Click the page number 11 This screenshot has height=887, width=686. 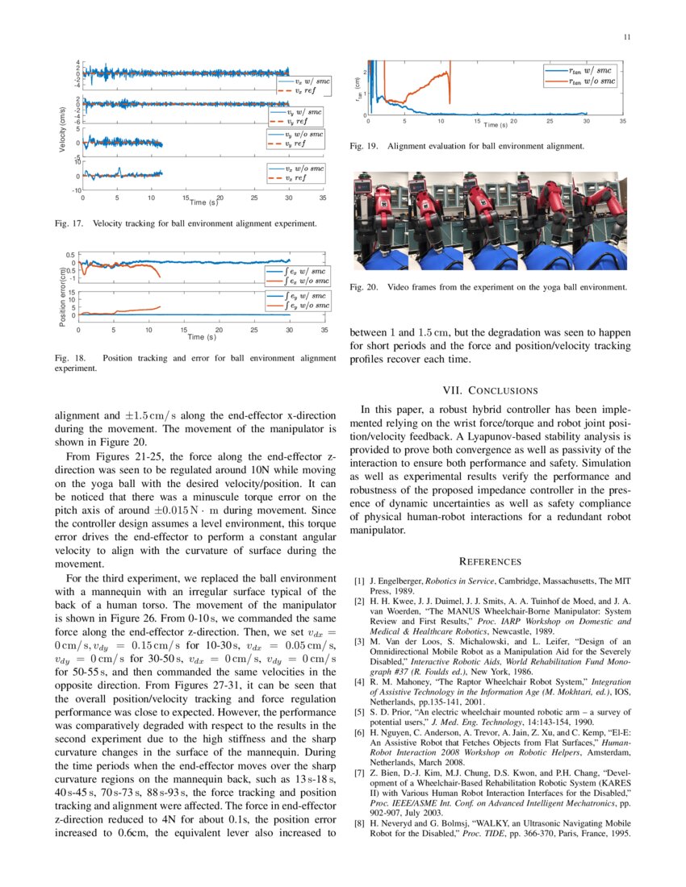(x=626, y=37)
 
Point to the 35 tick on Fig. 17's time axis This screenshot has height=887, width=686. (x=322, y=197)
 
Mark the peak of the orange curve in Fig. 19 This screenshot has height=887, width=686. (x=448, y=72)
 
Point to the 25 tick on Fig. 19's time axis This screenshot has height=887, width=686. (x=550, y=121)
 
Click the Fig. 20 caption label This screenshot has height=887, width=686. (x=363, y=287)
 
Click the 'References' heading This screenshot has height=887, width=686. (x=490, y=561)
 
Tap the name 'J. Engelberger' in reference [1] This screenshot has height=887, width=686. (x=395, y=581)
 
